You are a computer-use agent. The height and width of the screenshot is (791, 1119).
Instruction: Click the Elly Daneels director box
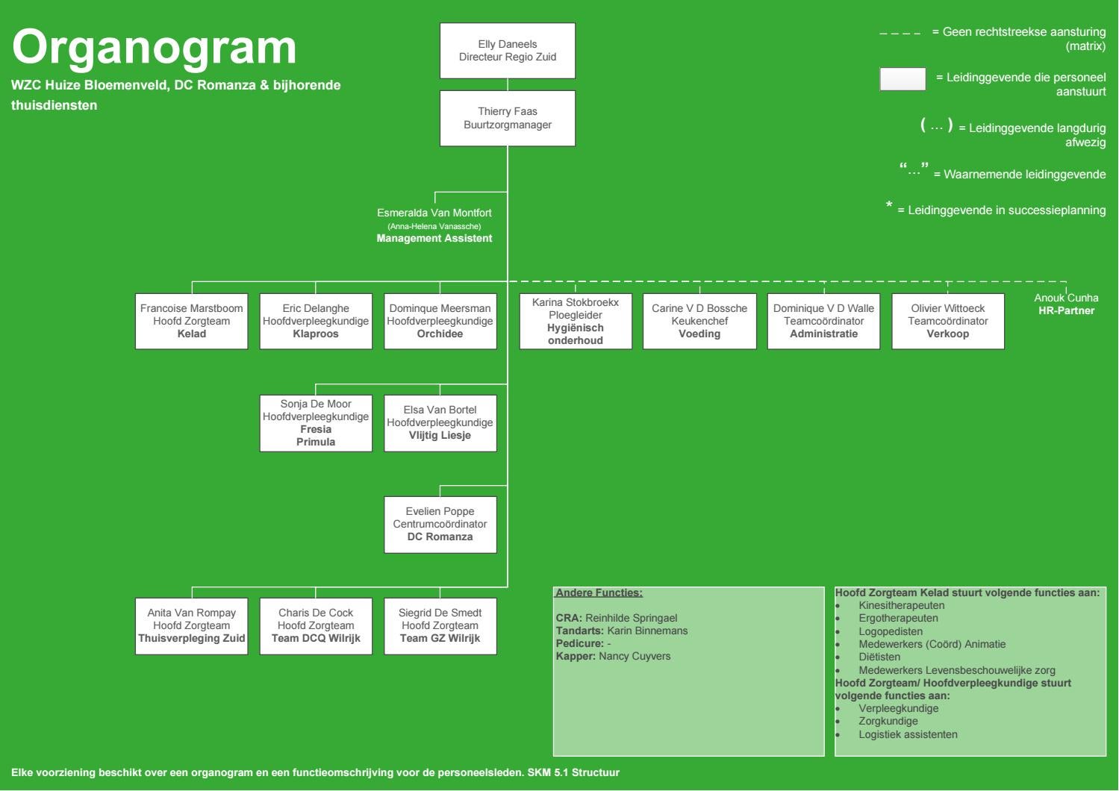[x=508, y=51]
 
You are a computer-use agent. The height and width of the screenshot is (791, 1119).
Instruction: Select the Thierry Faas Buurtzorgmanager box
[x=508, y=118]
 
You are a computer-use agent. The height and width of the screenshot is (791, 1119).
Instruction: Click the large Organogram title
[x=155, y=47]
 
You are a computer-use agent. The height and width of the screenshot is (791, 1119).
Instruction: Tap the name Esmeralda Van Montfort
[x=434, y=213]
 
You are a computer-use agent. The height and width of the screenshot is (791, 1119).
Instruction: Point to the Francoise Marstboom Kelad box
[x=191, y=322]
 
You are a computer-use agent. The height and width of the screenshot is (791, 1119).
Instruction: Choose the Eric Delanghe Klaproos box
[x=316, y=322]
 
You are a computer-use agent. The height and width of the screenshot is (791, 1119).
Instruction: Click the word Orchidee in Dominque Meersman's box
[x=440, y=334]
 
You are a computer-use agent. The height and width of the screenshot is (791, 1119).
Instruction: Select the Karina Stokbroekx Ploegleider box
[x=576, y=322]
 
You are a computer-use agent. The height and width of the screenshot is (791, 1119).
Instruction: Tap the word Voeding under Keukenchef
[x=699, y=334]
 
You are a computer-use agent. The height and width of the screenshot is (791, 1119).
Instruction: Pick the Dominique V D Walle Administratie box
[x=823, y=322]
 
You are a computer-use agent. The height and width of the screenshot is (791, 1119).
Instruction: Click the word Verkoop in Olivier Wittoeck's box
[x=947, y=334]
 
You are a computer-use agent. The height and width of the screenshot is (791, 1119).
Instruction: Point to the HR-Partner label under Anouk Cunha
[x=1066, y=310]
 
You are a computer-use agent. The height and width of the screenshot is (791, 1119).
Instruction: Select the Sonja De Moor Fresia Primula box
[x=316, y=423]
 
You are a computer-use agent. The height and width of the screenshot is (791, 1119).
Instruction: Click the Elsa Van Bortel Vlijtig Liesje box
[x=440, y=423]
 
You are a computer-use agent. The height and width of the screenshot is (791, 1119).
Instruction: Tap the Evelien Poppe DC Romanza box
[x=440, y=525]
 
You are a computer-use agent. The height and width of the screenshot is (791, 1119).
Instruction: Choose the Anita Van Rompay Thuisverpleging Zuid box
[x=191, y=626]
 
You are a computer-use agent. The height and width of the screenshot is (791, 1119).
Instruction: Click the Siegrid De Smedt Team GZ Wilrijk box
[x=440, y=626]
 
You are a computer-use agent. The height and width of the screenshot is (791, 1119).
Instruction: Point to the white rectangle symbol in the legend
[x=903, y=79]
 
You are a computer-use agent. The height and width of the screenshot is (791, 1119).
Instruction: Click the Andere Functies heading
[x=599, y=593]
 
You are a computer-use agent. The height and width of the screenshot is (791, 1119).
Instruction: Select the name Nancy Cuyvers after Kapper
[x=635, y=656]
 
